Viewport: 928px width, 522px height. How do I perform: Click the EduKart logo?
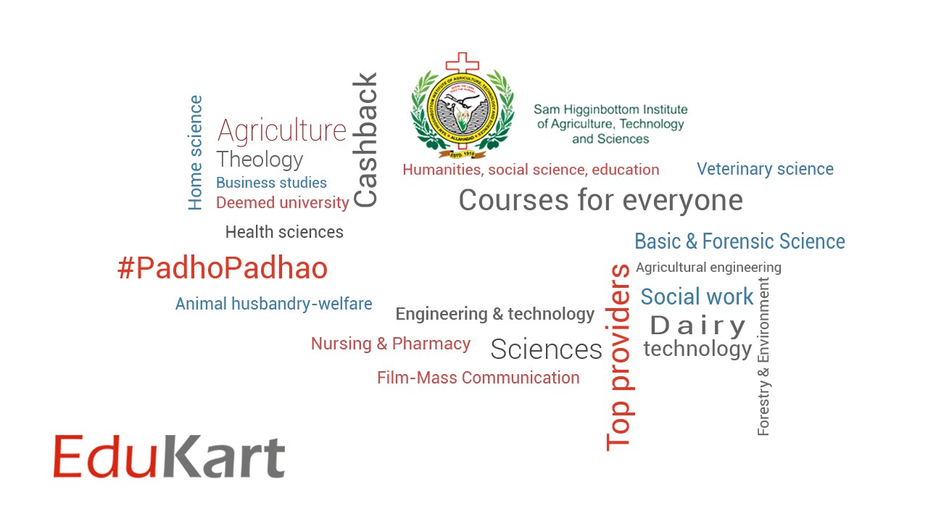[169, 457]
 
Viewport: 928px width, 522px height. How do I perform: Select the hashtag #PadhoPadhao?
[223, 269]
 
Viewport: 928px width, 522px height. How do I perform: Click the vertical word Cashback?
[365, 140]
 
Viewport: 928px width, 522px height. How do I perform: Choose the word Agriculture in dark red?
[282, 130]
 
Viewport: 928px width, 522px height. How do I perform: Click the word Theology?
[260, 159]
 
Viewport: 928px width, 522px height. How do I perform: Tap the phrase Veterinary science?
[765, 169]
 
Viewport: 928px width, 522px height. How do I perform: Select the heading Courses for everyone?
[600, 200]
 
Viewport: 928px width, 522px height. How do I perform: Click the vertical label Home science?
[195, 153]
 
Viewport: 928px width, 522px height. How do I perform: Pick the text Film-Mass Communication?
[478, 378]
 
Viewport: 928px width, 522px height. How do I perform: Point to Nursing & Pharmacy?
[391, 344]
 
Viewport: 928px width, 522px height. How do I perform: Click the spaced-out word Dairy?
[698, 326]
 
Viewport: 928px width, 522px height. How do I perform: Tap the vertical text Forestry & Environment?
[763, 357]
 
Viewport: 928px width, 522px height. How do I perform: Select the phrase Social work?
[697, 297]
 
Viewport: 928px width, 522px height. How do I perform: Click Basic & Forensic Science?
[739, 241]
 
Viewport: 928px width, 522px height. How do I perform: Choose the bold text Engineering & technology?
[495, 314]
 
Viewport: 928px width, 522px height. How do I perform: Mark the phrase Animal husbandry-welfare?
[273, 304]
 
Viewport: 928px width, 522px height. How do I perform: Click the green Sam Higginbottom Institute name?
[610, 124]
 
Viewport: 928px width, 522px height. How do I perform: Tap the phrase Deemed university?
[282, 203]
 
